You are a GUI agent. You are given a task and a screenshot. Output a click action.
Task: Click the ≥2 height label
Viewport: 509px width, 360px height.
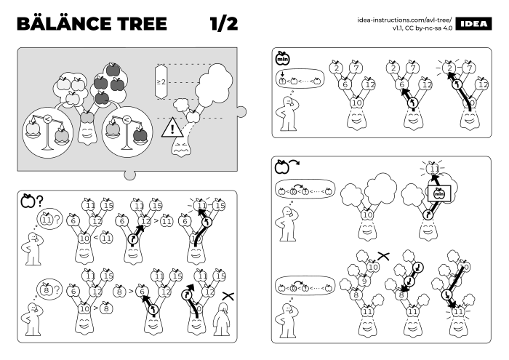point(161,83)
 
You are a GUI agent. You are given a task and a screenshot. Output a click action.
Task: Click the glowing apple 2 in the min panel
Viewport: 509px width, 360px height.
point(451,69)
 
